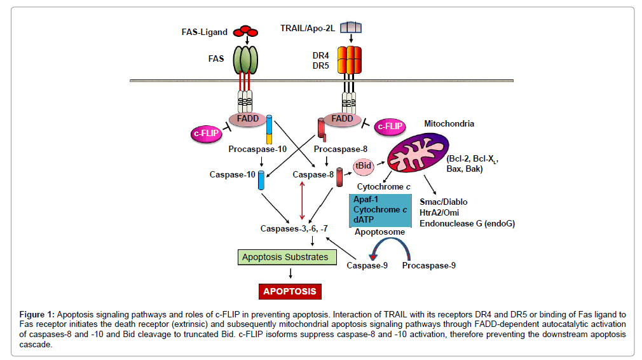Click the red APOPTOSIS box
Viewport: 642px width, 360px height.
(290, 291)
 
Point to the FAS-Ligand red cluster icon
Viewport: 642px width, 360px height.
(245, 31)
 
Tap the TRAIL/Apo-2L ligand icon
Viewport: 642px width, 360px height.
(351, 27)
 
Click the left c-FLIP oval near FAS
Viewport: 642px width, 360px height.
(205, 133)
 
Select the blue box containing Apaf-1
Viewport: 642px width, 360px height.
(379, 209)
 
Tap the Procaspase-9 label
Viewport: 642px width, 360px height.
(428, 265)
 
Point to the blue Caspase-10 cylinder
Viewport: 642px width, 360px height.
(261, 181)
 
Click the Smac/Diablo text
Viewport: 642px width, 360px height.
(444, 202)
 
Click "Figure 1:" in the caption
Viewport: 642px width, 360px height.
(37, 314)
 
